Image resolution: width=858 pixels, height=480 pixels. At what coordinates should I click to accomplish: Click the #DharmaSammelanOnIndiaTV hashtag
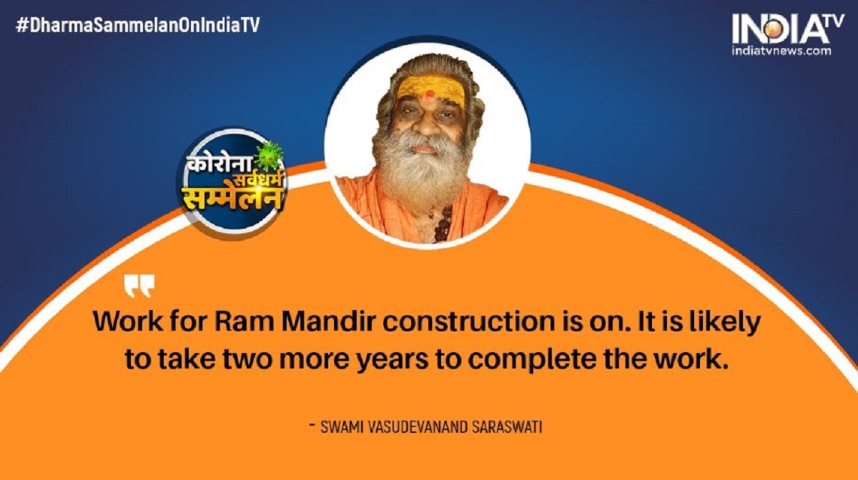tap(138, 25)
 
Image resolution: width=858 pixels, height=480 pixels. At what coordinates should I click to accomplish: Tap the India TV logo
tap(788, 29)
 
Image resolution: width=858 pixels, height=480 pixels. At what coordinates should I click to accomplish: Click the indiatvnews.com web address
tap(781, 51)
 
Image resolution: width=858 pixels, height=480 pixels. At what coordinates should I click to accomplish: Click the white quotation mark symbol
tap(139, 286)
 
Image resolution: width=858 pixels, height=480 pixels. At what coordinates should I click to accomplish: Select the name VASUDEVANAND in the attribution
tap(418, 428)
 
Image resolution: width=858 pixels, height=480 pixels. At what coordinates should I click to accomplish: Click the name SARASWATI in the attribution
tap(507, 428)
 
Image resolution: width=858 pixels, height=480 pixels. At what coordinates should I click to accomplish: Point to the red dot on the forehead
tap(430, 93)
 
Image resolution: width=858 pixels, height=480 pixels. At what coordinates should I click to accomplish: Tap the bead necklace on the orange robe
tap(443, 224)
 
